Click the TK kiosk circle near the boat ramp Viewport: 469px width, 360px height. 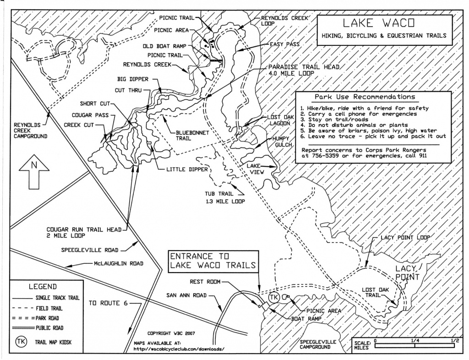[x=274, y=298]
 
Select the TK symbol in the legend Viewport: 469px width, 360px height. [x=21, y=342]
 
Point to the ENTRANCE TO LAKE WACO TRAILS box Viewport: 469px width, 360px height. [x=213, y=261]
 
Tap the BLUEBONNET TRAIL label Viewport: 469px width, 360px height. [x=192, y=136]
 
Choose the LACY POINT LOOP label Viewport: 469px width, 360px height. [x=405, y=237]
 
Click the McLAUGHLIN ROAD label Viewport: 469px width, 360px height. [x=119, y=263]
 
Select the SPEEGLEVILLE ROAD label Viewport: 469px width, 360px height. [x=90, y=250]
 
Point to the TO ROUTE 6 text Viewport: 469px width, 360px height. [x=108, y=303]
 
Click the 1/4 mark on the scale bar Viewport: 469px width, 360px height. [x=414, y=341]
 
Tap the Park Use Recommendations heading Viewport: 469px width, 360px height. [x=365, y=97]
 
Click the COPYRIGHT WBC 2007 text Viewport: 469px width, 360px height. [x=171, y=333]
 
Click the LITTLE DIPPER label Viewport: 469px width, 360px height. [x=187, y=169]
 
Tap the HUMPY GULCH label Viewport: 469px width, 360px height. [x=281, y=142]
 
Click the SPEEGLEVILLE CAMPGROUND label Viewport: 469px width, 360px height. [x=318, y=344]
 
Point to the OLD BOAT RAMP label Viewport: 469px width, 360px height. [x=164, y=46]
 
